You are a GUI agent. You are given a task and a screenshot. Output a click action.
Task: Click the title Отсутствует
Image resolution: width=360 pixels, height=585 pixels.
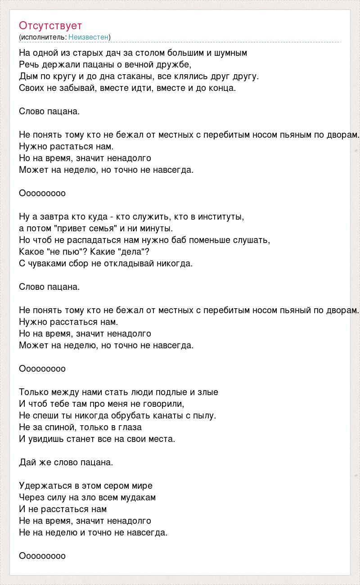[x=50, y=26]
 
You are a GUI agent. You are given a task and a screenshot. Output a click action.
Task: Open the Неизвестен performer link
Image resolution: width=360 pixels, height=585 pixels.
[x=89, y=37]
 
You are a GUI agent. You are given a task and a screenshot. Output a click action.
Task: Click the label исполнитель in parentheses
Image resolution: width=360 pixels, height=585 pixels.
[x=43, y=37]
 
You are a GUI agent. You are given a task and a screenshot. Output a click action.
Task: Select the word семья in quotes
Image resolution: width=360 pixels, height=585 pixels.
[x=103, y=229]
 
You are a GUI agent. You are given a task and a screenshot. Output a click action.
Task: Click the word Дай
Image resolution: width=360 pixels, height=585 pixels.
[x=27, y=463]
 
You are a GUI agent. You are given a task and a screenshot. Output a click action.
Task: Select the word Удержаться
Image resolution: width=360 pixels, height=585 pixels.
[x=45, y=486]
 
